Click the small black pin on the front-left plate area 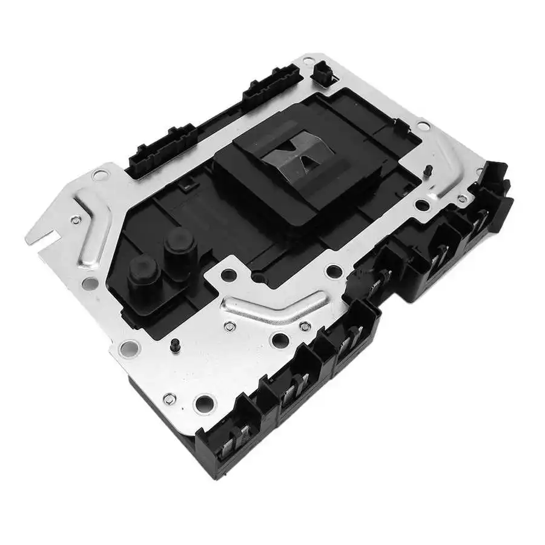[x=174, y=345]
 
